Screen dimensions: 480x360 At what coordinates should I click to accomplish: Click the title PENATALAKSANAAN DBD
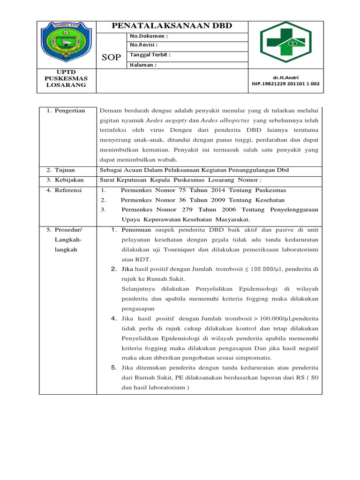[172, 26]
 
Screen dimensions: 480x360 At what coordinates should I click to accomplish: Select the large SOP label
[111, 57]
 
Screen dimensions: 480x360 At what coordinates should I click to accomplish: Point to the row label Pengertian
[69, 111]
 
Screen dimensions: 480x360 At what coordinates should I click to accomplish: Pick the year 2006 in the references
[225, 210]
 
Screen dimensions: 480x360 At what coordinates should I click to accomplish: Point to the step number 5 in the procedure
[113, 367]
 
